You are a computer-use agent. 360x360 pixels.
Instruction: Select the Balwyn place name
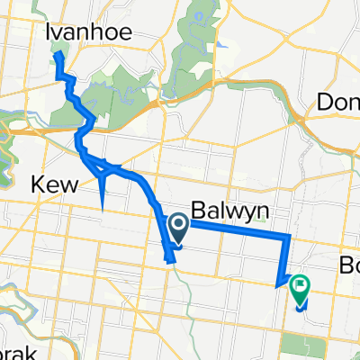(221, 207)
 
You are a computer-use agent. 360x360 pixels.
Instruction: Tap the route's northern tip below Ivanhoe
(58, 54)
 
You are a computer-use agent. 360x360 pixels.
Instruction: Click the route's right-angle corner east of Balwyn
(289, 236)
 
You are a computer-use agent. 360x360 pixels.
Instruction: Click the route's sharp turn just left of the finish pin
(276, 285)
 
